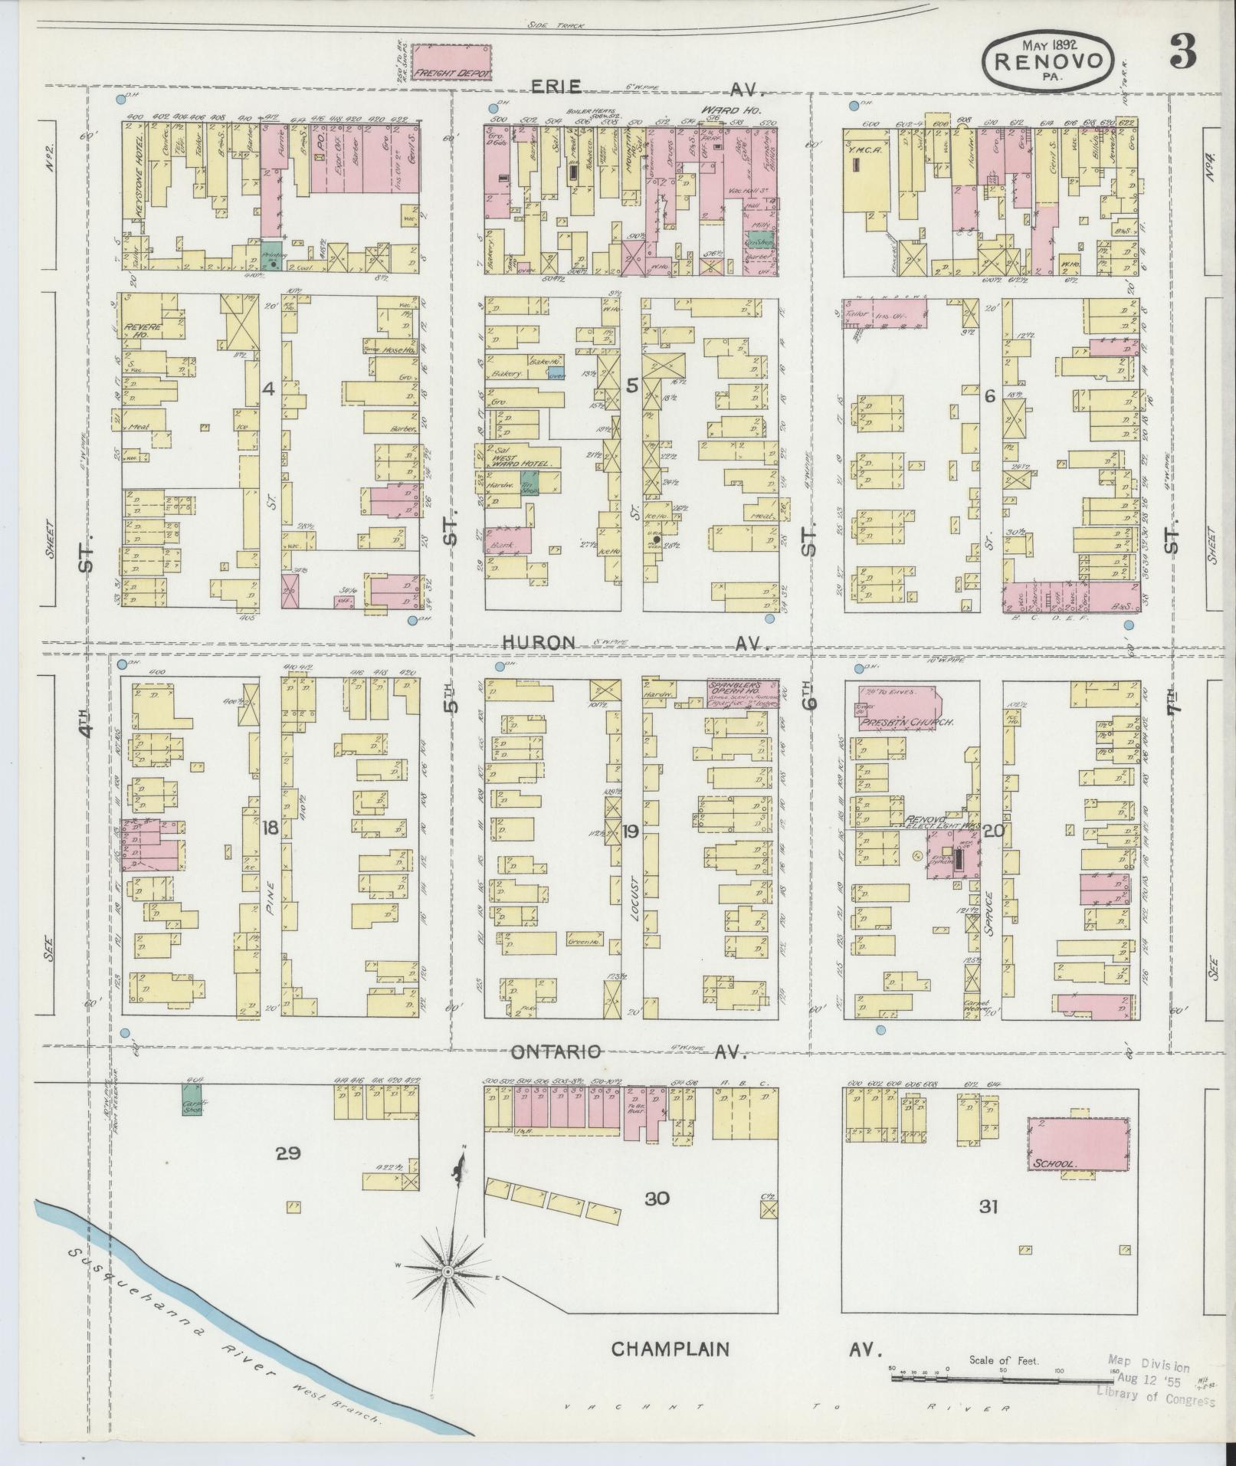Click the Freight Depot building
452,62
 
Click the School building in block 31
1078,1156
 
